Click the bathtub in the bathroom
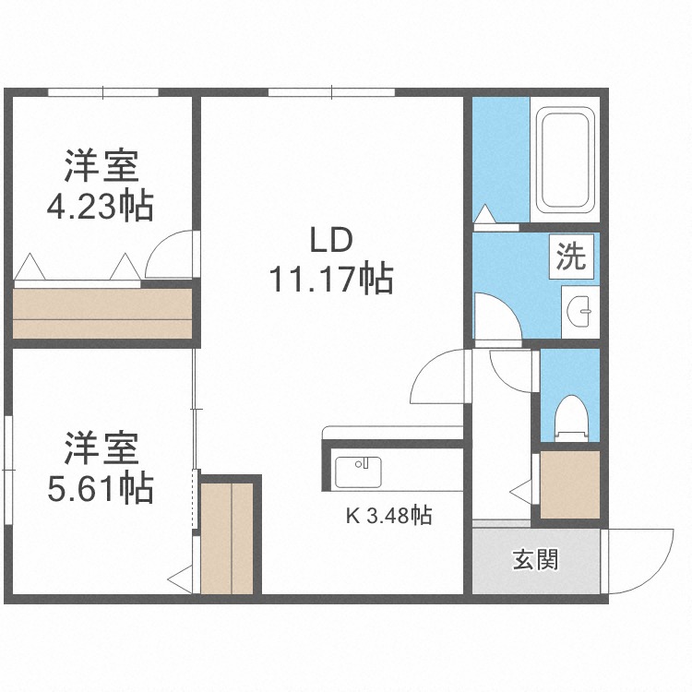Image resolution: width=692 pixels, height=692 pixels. [565, 160]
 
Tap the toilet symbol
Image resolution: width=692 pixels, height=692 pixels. [571, 418]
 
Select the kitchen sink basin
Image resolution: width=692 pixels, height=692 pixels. [358, 472]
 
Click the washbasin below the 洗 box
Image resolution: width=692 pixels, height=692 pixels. [579, 312]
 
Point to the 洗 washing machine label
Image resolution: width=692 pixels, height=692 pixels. [571, 257]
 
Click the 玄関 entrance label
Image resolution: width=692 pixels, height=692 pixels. [535, 560]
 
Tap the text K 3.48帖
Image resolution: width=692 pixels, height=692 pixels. [388, 515]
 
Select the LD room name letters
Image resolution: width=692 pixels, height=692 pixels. [331, 240]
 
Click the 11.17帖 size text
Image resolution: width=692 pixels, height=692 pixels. [331, 279]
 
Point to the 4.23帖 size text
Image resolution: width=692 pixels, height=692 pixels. [101, 206]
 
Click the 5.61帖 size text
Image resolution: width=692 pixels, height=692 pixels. [101, 488]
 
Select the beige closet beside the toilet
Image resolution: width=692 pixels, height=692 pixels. [570, 484]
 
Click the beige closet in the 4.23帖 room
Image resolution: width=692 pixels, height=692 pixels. [102, 314]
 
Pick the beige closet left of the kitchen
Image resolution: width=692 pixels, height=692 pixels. [227, 539]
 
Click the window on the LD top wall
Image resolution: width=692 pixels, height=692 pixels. [331, 92]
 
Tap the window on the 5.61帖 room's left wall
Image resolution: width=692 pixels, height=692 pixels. [8, 470]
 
